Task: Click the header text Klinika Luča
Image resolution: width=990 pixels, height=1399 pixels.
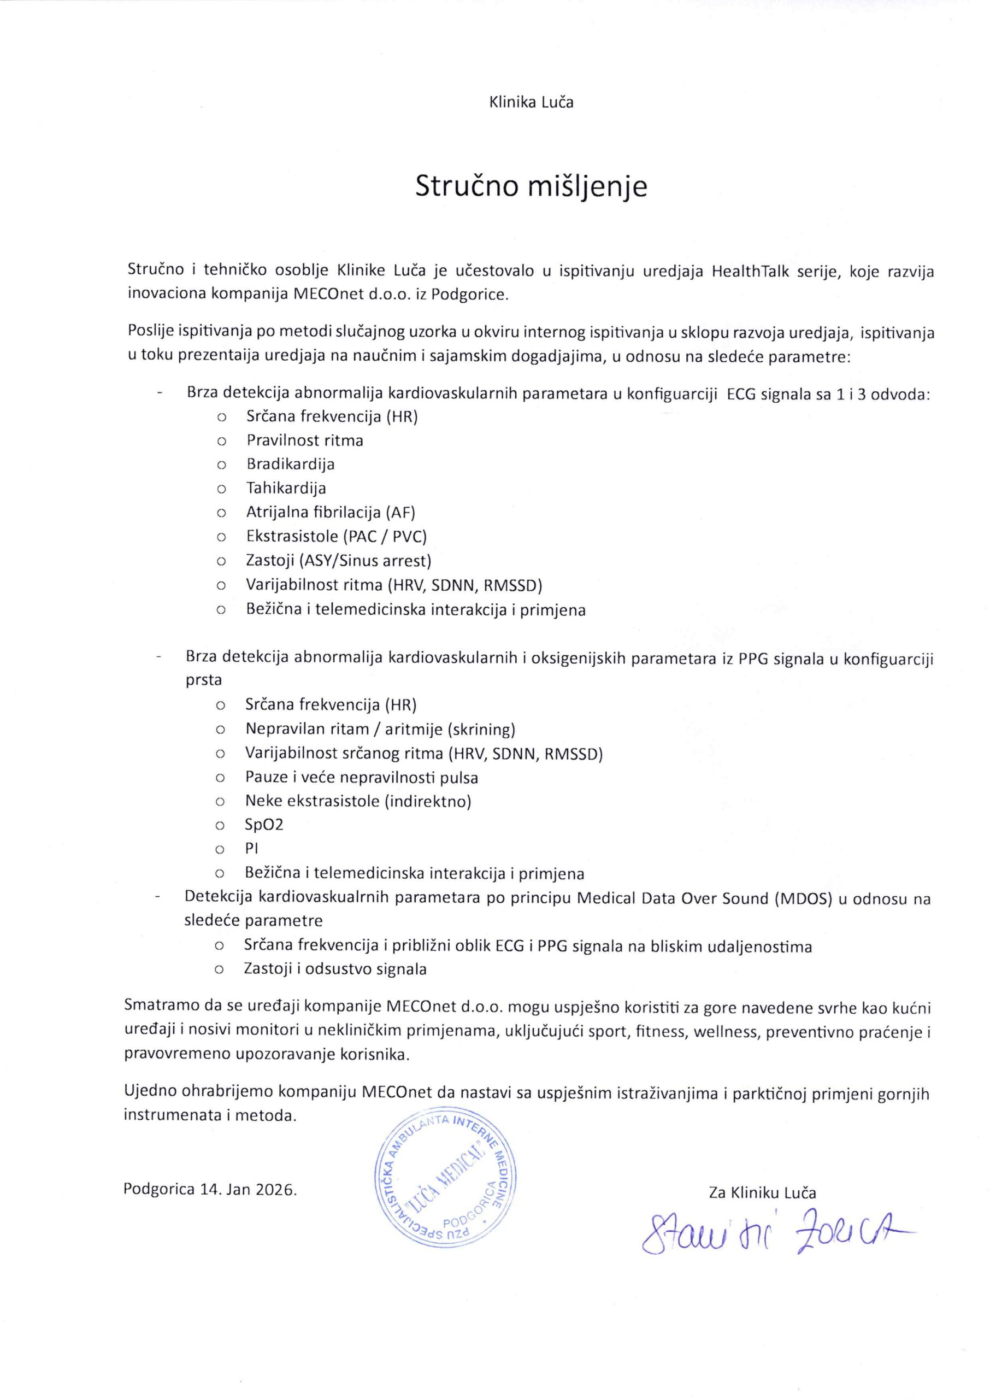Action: pos(531,102)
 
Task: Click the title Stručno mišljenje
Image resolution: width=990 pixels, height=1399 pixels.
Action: pos(531,186)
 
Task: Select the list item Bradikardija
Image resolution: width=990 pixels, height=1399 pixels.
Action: pos(290,464)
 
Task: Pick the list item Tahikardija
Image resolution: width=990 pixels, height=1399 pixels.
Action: pos(286,488)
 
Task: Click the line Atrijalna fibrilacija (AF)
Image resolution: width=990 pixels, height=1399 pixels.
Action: pos(331,512)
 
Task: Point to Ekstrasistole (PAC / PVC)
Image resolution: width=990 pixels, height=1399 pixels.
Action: pos(337,537)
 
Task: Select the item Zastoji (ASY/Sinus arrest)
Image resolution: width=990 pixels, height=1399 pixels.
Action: pos(338,561)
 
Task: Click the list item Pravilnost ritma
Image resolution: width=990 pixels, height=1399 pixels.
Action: pos(305,440)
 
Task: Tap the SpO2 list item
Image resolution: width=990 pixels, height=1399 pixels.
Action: pos(264,825)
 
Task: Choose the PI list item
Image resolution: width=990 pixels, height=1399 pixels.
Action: pos(252,849)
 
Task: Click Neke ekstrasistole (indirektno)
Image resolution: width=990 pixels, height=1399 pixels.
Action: pos(358,801)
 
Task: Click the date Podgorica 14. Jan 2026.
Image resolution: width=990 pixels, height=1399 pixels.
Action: pos(210,1189)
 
